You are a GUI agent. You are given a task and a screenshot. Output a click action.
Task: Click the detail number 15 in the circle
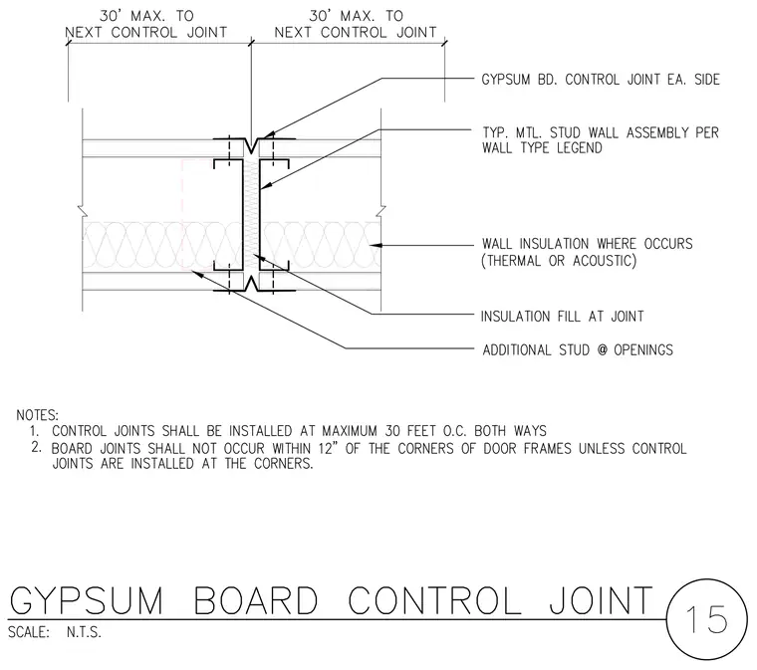706,619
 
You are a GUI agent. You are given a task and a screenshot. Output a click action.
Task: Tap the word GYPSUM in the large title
87,600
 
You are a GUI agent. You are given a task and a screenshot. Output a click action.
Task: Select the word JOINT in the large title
601,600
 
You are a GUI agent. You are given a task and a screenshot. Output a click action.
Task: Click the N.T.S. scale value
84,632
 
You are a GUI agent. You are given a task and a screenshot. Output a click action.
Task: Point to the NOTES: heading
37,415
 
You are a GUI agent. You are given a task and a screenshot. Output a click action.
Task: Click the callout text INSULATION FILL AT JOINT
563,317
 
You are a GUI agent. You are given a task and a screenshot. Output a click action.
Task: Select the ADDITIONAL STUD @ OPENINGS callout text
578,349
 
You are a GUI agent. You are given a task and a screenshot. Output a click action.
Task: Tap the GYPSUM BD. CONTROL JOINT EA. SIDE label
601,80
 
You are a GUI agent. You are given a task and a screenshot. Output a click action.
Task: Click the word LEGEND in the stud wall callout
580,147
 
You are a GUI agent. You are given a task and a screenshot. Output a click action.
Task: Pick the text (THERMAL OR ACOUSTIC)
559,261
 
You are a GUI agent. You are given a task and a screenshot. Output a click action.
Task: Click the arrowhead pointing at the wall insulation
377,246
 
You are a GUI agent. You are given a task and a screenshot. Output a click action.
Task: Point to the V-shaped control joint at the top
252,144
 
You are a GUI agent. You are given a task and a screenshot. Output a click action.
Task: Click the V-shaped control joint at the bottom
252,284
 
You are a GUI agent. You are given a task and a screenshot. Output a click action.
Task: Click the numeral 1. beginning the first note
34,431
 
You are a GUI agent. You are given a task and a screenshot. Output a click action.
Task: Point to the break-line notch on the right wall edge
381,211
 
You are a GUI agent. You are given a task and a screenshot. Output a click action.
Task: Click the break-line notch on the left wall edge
82,211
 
